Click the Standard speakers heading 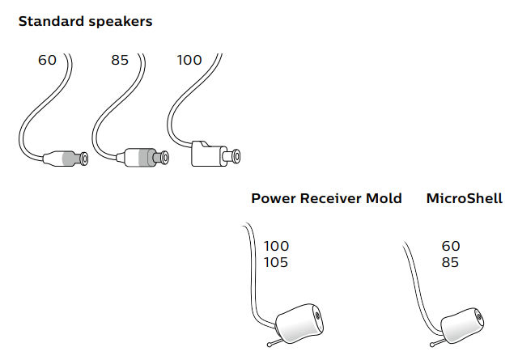[x=85, y=22]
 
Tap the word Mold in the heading [x=384, y=198]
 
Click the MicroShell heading [x=464, y=198]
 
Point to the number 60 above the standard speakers [x=47, y=61]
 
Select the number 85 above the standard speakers [x=120, y=61]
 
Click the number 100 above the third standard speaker [x=189, y=61]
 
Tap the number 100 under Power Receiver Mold [x=276, y=245]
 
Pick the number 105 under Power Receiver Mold [x=276, y=262]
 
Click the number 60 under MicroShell [x=451, y=245]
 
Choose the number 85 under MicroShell [x=451, y=262]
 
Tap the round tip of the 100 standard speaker [x=236, y=154]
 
